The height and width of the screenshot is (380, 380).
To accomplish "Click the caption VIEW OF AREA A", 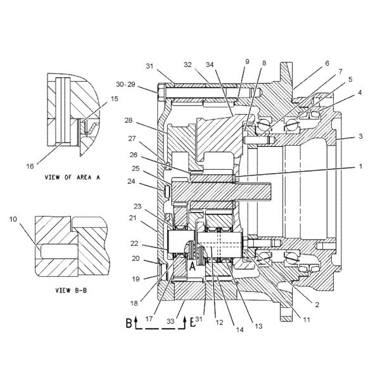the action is click(72, 177).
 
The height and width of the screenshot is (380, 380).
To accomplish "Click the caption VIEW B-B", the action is click(71, 290).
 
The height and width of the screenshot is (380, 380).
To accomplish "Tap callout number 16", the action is click(30, 166).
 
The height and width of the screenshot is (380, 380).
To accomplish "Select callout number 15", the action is click(115, 99).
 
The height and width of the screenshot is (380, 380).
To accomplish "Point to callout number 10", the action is click(13, 219).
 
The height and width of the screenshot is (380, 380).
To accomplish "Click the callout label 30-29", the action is click(125, 84).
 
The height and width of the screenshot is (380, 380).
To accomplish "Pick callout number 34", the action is click(210, 65).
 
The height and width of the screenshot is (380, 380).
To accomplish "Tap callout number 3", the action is click(360, 136).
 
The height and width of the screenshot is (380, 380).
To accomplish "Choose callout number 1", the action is click(360, 166).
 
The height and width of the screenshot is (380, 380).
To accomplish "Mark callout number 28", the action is click(129, 120).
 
